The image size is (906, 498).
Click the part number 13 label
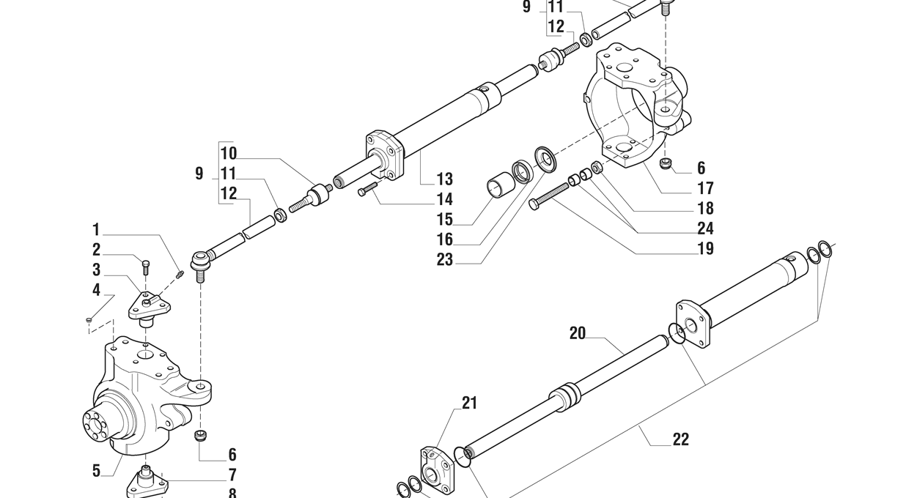(444, 179)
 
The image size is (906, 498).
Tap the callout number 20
(578, 334)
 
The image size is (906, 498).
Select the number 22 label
(680, 439)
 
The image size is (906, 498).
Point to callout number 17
(704, 188)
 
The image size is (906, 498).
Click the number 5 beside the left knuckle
(96, 471)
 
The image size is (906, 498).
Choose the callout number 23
(444, 259)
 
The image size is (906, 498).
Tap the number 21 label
(469, 402)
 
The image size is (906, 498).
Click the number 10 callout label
(228, 154)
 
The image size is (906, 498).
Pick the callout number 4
(96, 290)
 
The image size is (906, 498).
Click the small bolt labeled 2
(145, 266)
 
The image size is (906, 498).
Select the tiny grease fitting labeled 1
(180, 275)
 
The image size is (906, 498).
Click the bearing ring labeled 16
(522, 173)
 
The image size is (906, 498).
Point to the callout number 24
(704, 228)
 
